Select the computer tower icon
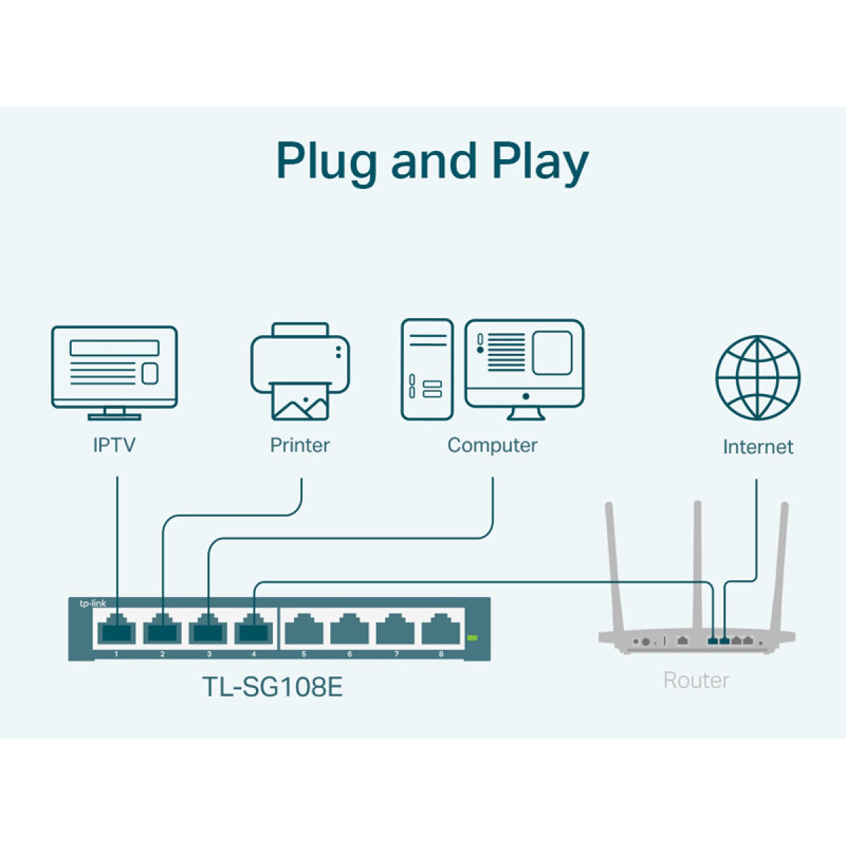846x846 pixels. (x=427, y=369)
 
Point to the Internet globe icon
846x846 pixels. (x=758, y=377)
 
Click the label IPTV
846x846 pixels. (x=114, y=445)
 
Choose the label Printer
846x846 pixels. (x=300, y=445)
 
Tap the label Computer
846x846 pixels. (x=492, y=445)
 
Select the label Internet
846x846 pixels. (x=758, y=446)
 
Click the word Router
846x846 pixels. (x=696, y=680)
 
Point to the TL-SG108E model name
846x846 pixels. (x=272, y=687)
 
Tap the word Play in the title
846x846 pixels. (x=539, y=161)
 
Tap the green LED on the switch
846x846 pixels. (x=472, y=638)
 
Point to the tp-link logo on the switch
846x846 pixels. (x=92, y=603)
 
